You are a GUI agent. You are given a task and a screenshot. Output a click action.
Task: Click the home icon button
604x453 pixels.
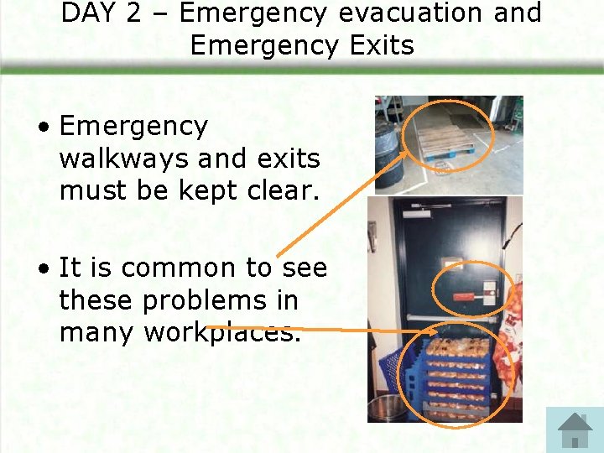[575, 430]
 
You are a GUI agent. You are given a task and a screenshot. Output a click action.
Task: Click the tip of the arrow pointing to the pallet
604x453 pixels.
[412, 151]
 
